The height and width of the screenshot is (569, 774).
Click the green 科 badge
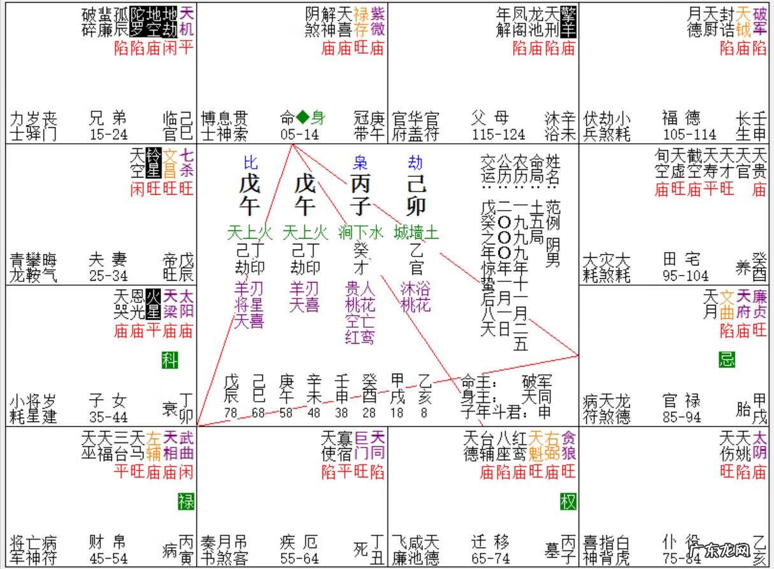pyautogui.click(x=169, y=360)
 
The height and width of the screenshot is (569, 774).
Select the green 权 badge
pyautogui.click(x=568, y=502)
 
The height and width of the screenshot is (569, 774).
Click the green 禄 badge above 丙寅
pyautogui.click(x=186, y=502)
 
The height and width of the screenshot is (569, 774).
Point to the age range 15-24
pyautogui.click(x=108, y=135)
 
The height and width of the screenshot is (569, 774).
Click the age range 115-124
pyautogui.click(x=499, y=135)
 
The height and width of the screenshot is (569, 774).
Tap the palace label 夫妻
pyautogui.click(x=108, y=260)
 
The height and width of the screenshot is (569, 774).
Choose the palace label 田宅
pyautogui.click(x=682, y=260)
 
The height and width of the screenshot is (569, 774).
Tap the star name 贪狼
pyautogui.click(x=569, y=446)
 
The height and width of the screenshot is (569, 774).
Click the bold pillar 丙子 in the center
pyautogui.click(x=360, y=195)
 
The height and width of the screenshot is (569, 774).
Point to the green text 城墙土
pyautogui.click(x=416, y=232)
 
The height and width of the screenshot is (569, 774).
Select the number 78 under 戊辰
pyautogui.click(x=231, y=413)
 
